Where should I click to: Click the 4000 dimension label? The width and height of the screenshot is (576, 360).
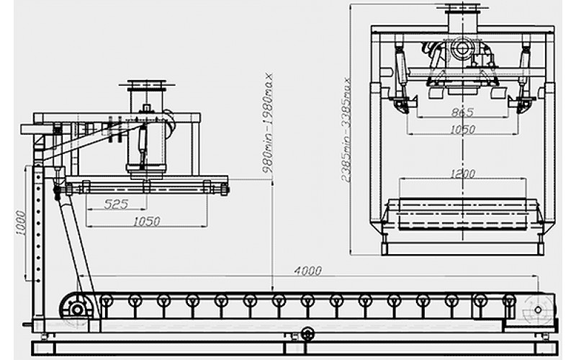pyautogui.click(x=308, y=271)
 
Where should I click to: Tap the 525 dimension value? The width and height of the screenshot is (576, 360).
pyautogui.click(x=116, y=204)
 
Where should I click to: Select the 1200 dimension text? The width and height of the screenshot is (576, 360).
pyautogui.click(x=462, y=173)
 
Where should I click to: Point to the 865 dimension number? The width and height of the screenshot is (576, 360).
pyautogui.click(x=462, y=112)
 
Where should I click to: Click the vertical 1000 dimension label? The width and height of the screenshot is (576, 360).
pyautogui.click(x=21, y=223)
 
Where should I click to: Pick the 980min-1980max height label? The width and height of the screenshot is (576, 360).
pyautogui.click(x=268, y=123)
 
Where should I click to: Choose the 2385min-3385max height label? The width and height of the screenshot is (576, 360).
pyautogui.click(x=346, y=130)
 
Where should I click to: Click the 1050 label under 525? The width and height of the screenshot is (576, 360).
pyautogui.click(x=147, y=222)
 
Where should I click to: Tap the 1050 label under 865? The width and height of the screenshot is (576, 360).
pyautogui.click(x=462, y=130)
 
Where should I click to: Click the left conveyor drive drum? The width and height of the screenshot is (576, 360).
pyautogui.click(x=77, y=310)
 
